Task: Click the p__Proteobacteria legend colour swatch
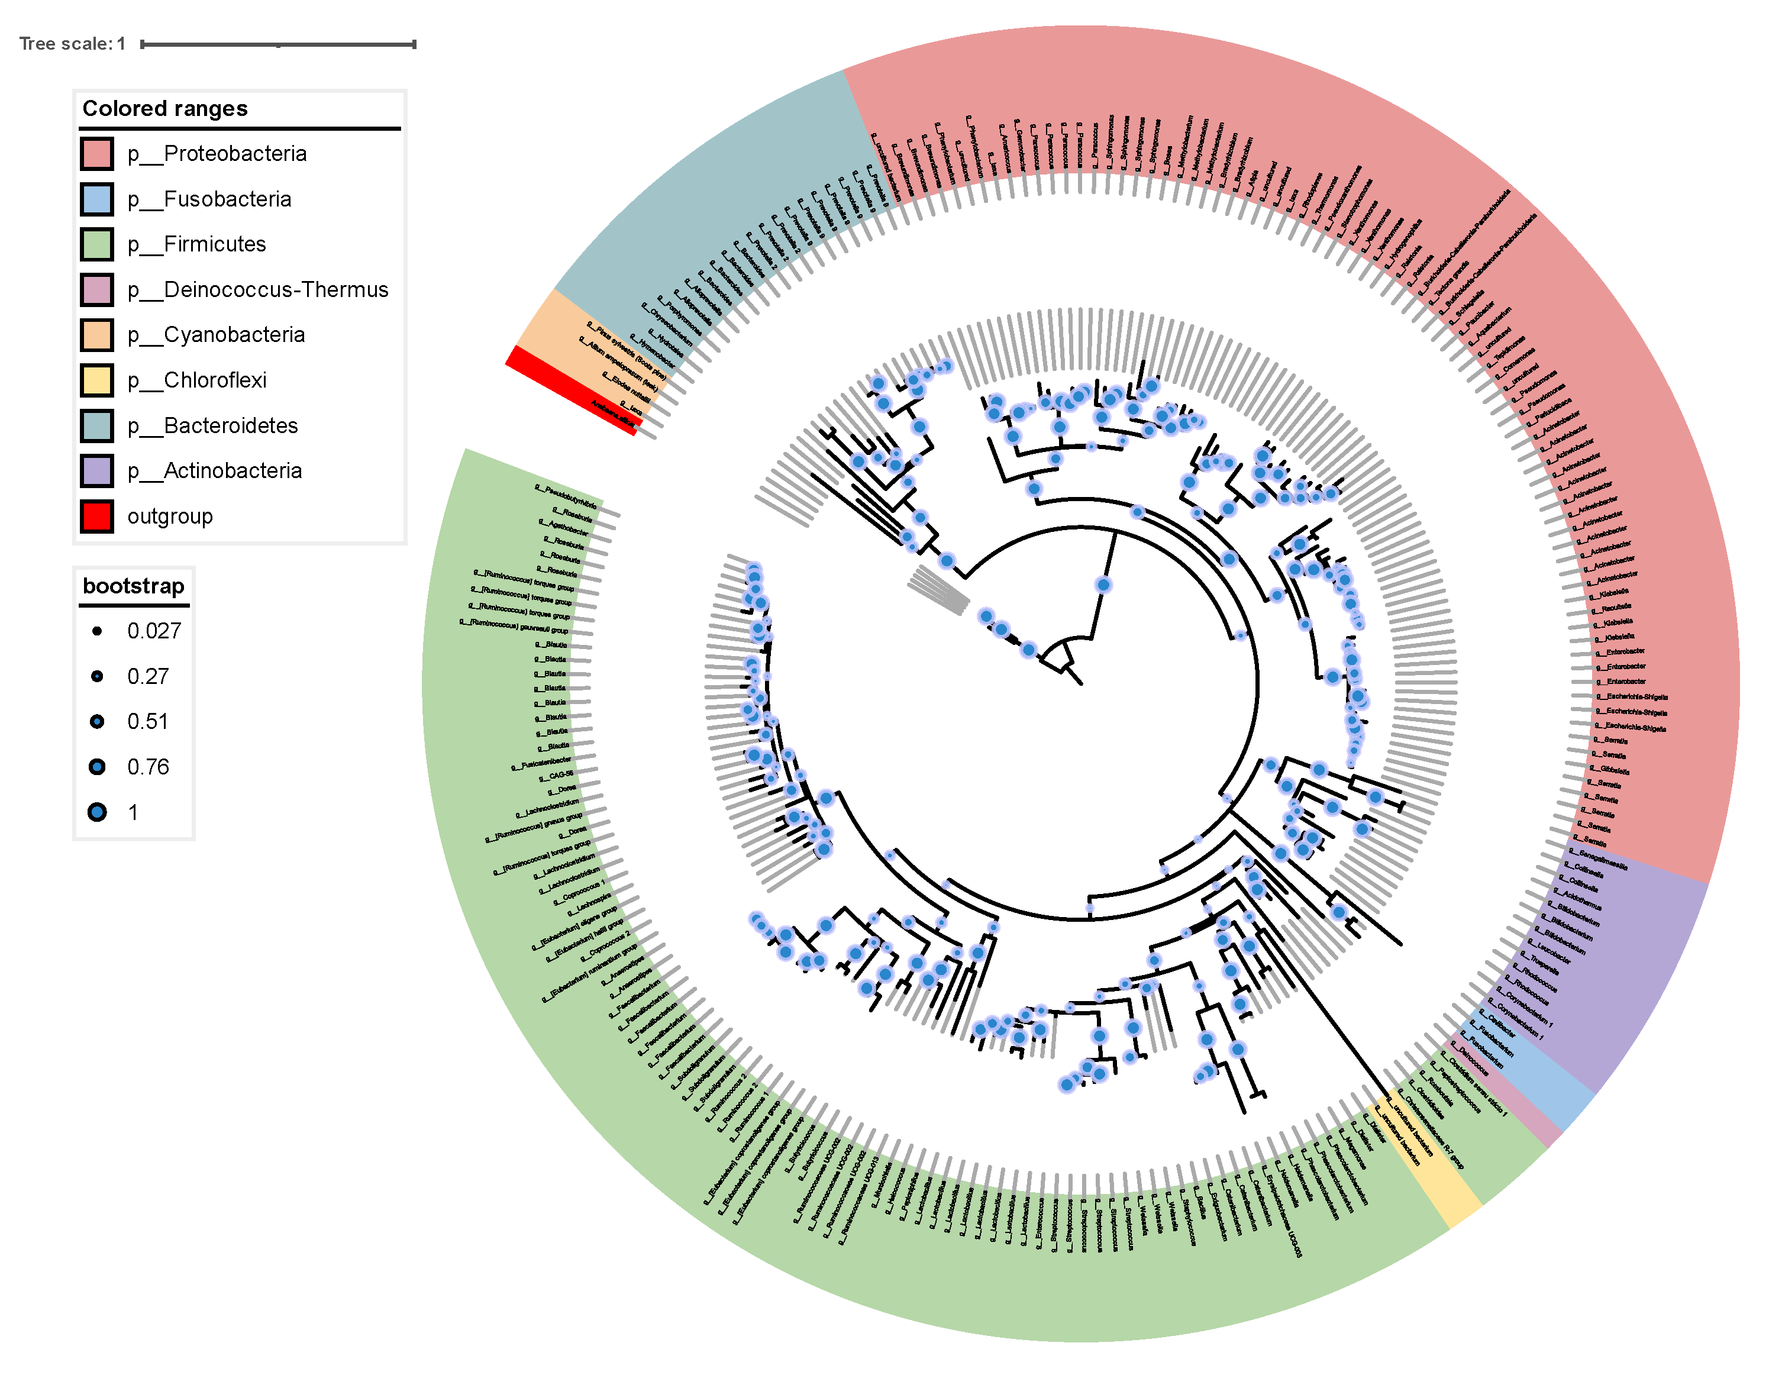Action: coord(96,154)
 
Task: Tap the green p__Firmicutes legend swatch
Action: coord(96,244)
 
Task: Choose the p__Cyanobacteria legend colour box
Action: coord(96,335)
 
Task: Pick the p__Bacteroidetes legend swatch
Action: coord(96,426)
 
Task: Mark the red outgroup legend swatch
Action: coord(96,517)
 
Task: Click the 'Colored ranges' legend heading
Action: coord(165,108)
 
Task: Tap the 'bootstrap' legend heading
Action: coord(134,586)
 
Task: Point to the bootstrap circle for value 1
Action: coord(97,812)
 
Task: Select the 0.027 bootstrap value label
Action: coord(154,631)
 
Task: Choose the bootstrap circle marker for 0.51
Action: coord(97,721)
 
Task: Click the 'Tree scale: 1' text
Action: coord(72,44)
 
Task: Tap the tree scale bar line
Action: coord(278,44)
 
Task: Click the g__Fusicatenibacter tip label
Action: coord(541,763)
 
